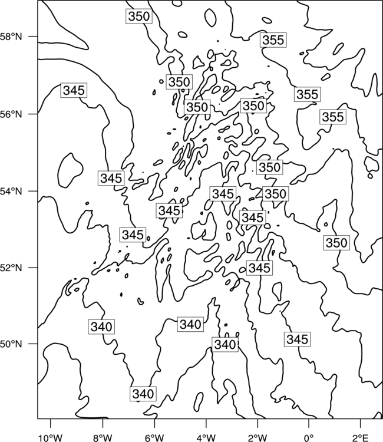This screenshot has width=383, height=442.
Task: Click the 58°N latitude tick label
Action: coord(11,37)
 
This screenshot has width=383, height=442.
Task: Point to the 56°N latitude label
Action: coord(11,114)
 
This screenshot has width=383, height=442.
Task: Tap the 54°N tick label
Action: coord(11,192)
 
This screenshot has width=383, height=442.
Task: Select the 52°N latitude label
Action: coord(11,268)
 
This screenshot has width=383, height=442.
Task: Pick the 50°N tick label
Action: coord(11,344)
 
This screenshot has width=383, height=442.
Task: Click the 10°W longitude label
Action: coord(51,438)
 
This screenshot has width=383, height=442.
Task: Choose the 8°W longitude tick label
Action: coord(103,438)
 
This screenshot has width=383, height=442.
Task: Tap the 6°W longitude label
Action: coord(154,438)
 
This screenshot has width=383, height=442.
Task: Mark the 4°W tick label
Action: coord(206,438)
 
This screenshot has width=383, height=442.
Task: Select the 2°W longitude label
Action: coord(257,438)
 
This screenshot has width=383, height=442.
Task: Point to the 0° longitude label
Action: coord(309,438)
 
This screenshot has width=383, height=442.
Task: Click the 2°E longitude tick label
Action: coord(361,438)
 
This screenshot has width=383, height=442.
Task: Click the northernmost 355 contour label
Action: coord(273,40)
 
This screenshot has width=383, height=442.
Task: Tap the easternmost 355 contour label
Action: coord(333,117)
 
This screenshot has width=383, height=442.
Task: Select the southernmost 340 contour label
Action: coord(143,394)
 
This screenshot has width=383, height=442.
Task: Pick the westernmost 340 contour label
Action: coord(101,326)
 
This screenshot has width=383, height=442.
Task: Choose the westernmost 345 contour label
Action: coord(74,91)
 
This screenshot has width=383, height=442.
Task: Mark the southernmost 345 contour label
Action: coord(298,339)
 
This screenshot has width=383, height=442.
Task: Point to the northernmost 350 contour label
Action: coord(139,17)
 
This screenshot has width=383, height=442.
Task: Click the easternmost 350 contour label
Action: coord(336,243)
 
